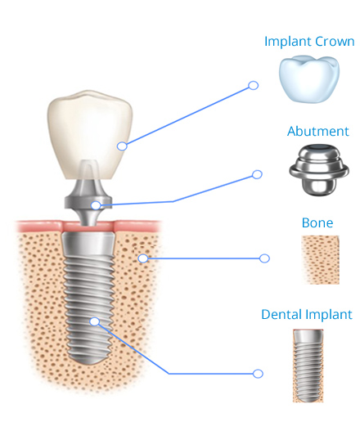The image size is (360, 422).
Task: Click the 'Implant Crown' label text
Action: (x=309, y=42)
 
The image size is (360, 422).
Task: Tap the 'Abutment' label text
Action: (x=318, y=132)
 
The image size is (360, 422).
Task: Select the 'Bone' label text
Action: (x=317, y=222)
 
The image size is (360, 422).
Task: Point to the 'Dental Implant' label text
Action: (x=307, y=314)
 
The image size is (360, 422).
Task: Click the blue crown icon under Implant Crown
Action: (x=309, y=79)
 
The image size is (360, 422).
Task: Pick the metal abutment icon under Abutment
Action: (x=319, y=169)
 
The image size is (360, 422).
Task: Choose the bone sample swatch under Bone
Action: (x=321, y=260)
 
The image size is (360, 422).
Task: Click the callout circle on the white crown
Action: (x=122, y=146)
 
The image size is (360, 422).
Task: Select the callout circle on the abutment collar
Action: (x=96, y=205)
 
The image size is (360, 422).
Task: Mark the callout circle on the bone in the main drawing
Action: (x=143, y=258)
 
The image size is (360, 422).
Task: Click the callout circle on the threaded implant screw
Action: (x=95, y=321)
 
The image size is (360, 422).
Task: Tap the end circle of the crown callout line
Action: (x=254, y=85)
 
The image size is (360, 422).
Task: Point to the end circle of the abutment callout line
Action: (x=257, y=174)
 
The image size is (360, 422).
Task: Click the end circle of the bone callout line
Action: (x=264, y=258)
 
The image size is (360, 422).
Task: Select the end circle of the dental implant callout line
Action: (x=258, y=374)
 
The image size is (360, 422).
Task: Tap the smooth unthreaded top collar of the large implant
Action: (x=88, y=244)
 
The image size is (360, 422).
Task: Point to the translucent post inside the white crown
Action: (x=88, y=169)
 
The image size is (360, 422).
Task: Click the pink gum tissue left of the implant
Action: (x=38, y=227)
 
